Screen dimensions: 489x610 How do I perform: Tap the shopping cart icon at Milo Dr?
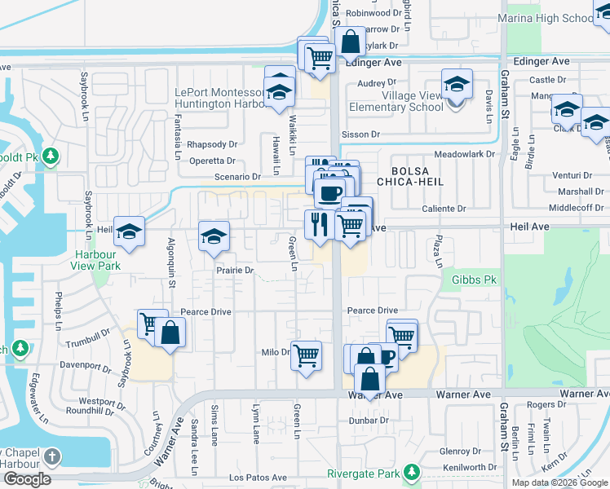tap(306, 355)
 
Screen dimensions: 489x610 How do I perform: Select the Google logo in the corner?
tap(27, 479)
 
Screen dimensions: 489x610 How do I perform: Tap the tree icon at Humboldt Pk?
tap(51, 155)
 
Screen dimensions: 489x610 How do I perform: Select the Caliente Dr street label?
tap(444, 209)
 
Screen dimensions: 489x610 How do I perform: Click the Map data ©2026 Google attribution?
tap(560, 482)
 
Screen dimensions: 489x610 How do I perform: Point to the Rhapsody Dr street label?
tap(211, 144)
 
